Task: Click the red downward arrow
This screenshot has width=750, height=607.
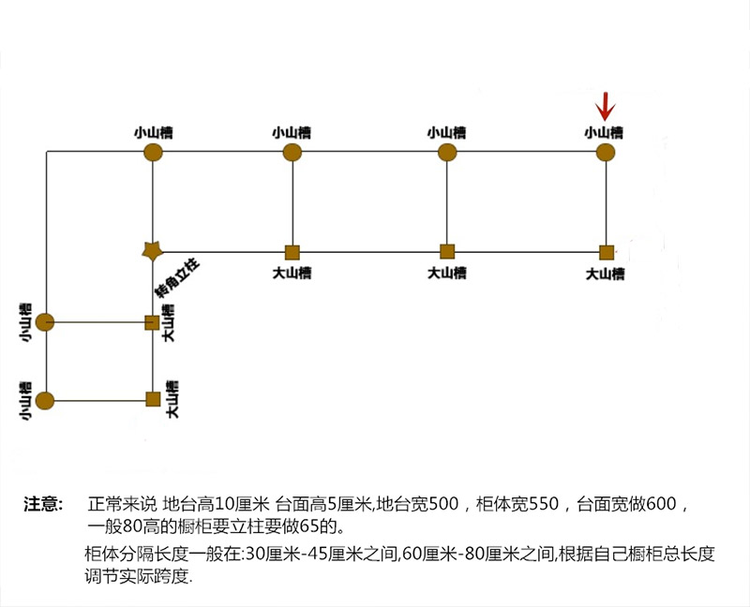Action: tap(607, 106)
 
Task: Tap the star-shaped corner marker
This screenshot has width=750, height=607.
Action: tap(152, 250)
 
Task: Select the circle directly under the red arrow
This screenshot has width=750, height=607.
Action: tap(606, 152)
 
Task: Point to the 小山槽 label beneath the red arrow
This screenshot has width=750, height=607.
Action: tap(604, 132)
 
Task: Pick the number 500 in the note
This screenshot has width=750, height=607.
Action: tap(445, 505)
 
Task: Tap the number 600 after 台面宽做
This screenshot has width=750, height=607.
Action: tap(661, 505)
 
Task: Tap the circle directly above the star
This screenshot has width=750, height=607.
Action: tap(152, 152)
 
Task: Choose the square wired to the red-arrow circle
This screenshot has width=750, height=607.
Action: tap(606, 251)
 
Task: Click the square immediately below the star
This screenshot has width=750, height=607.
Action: tap(152, 322)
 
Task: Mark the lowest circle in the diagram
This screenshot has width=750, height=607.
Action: tap(45, 401)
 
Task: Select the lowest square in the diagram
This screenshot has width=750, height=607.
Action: tap(153, 399)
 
